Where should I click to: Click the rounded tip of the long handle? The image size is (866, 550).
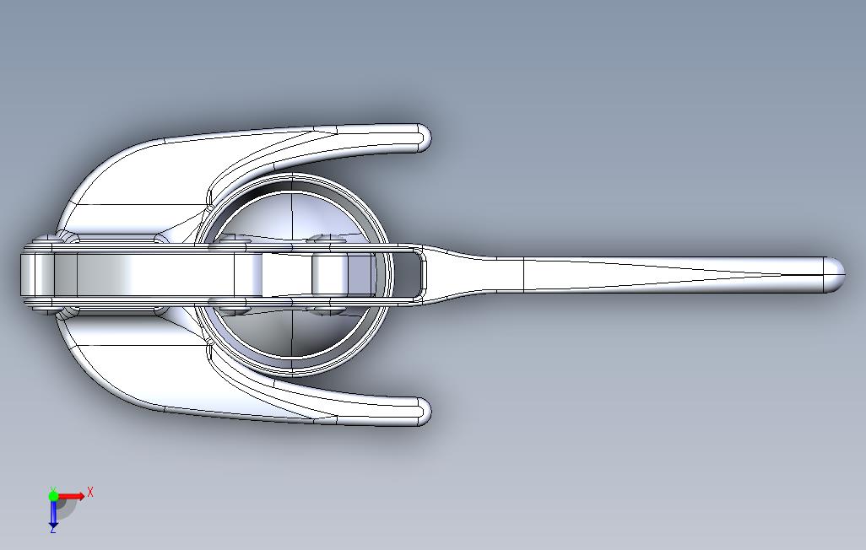(x=834, y=275)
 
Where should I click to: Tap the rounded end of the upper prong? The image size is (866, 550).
(x=421, y=138)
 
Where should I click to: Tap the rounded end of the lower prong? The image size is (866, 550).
(x=421, y=412)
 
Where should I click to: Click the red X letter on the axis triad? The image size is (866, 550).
(x=90, y=491)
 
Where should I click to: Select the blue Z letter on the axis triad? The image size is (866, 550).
(x=52, y=529)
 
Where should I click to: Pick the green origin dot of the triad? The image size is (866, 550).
(x=53, y=496)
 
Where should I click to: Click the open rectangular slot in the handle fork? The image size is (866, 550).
(x=408, y=274)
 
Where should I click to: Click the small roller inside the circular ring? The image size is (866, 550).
(x=331, y=274)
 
